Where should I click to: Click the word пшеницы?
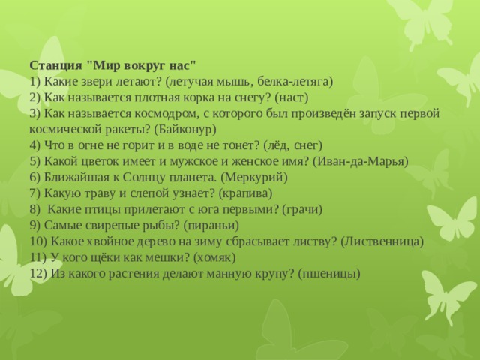(x=328, y=273)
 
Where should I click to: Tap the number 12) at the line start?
(x=40, y=273)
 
